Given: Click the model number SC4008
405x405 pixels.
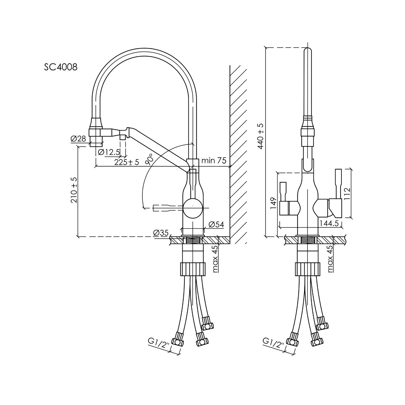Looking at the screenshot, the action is click(x=61, y=67).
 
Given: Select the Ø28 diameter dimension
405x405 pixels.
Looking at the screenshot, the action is click(x=79, y=139).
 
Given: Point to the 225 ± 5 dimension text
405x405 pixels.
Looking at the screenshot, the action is click(x=126, y=162).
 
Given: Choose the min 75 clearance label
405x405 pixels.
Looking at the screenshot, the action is click(x=214, y=160).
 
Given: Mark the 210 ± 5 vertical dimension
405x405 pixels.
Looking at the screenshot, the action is click(x=74, y=190).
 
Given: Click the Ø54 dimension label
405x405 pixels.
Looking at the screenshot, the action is click(x=216, y=225).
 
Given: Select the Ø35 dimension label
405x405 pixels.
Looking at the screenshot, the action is click(x=161, y=233).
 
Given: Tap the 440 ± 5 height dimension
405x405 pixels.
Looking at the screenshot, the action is click(x=261, y=136).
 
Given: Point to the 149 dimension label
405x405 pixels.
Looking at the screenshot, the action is click(x=273, y=203).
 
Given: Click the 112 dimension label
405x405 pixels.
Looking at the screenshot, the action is click(x=348, y=193).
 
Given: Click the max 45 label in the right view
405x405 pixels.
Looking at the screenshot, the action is click(x=331, y=259).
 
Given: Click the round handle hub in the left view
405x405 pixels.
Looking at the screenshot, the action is click(x=193, y=208).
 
